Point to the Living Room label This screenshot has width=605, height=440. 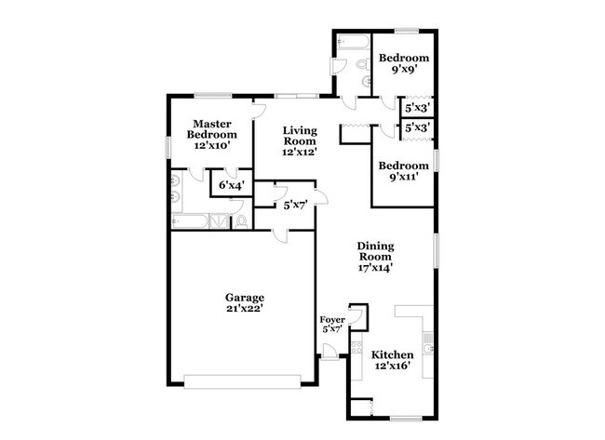pyautogui.click(x=301, y=136)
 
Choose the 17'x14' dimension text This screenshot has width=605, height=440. pyautogui.click(x=376, y=268)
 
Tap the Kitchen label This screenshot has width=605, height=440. pyautogui.click(x=394, y=355)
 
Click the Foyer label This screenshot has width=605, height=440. pyautogui.click(x=332, y=320)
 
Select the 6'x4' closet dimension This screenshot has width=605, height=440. pyautogui.click(x=229, y=186)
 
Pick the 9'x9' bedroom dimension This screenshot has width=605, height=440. pyautogui.click(x=402, y=69)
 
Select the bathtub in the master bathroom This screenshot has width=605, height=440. pyautogui.click(x=190, y=220)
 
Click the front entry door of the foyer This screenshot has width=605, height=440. pyautogui.click(x=329, y=351)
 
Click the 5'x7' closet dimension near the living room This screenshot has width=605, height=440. pyautogui.click(x=296, y=205)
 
